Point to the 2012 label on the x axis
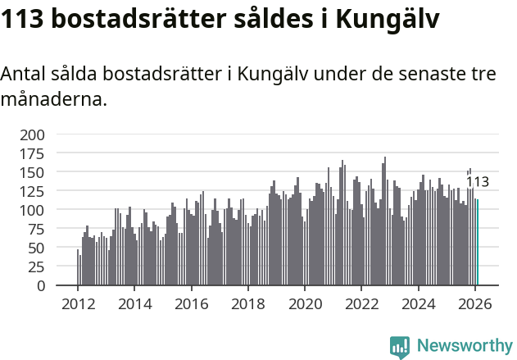78,303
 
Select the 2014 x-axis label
134,303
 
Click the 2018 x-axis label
247,303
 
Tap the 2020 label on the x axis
304,303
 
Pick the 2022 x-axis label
361,303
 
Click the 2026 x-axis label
474,303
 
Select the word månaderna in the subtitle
52,100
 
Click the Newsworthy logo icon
400,347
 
